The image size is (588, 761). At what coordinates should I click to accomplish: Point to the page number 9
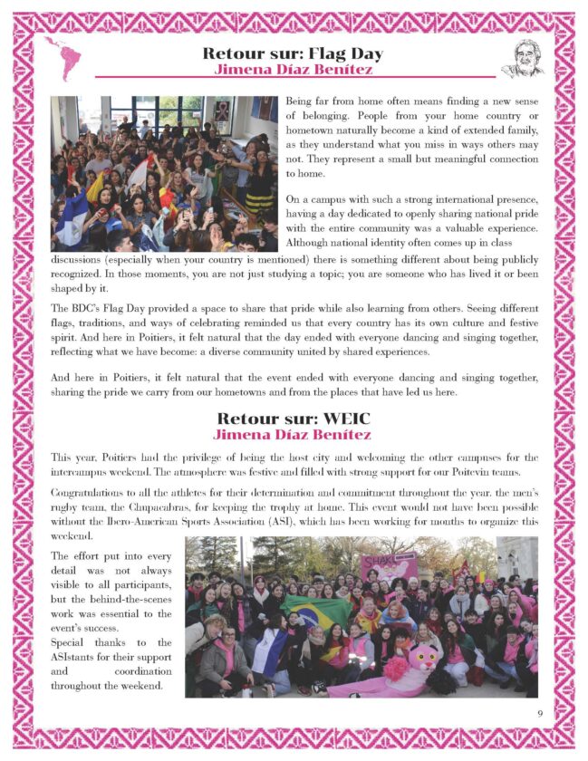click(x=539, y=713)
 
